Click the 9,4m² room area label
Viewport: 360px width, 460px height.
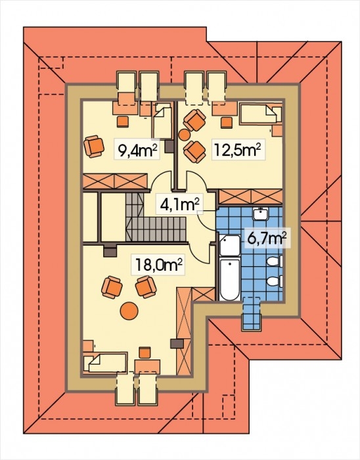pyautogui.click(x=137, y=150)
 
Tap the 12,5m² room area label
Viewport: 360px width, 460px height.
pyautogui.click(x=238, y=150)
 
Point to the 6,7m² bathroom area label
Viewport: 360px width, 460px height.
pyautogui.click(x=267, y=239)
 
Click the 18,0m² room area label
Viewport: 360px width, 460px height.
pyautogui.click(x=159, y=265)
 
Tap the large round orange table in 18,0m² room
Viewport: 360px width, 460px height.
pyautogui.click(x=129, y=311)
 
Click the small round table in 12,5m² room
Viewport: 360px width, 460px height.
pyautogui.click(x=185, y=134)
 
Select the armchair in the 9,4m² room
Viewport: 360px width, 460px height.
pyautogui.click(x=94, y=146)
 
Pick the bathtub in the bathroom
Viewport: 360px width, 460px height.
pyautogui.click(x=230, y=279)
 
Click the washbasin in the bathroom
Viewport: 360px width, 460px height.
pyautogui.click(x=261, y=214)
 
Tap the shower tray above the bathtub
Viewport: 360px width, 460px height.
pyautogui.click(x=230, y=246)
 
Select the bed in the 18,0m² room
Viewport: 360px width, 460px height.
pyautogui.click(x=105, y=363)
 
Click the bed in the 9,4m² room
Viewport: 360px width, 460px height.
pyautogui.click(x=162, y=120)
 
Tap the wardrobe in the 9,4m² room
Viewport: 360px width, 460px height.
pyautogui.click(x=115, y=181)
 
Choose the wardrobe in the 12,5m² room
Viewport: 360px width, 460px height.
pyautogui.click(x=251, y=196)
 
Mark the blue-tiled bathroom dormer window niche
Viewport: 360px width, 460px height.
pyautogui.click(x=251, y=313)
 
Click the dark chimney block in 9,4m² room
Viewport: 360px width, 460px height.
pyautogui.click(x=169, y=147)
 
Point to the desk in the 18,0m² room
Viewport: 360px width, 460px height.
pyautogui.click(x=147, y=365)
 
